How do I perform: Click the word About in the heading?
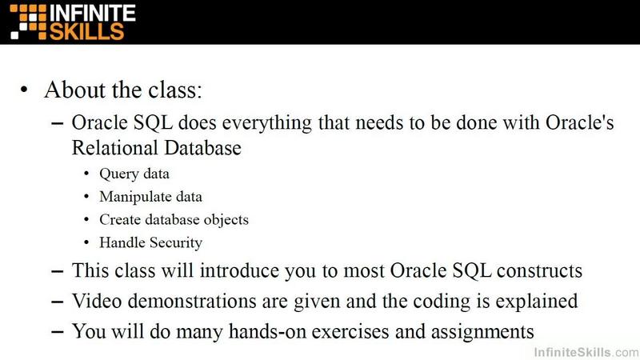74,90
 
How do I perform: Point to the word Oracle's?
579,122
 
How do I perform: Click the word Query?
118,174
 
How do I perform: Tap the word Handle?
122,242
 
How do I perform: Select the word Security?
176,243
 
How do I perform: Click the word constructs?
539,271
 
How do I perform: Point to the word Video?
97,302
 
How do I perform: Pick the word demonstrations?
192,302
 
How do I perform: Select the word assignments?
482,332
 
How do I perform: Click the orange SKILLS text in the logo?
86,31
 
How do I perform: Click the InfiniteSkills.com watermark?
586,352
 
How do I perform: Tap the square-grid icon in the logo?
29,22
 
